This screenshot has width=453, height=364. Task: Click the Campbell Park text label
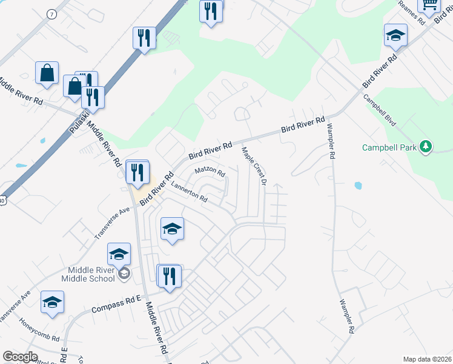click(391, 147)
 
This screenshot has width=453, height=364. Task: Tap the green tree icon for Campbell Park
click(426, 146)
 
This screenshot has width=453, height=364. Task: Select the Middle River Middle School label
click(88, 274)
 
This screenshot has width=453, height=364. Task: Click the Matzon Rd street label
click(210, 172)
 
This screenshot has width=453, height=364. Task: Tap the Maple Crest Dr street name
click(254, 165)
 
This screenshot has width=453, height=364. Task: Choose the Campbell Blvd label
click(380, 110)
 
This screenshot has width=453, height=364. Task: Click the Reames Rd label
click(411, 12)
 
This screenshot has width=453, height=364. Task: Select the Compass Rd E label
click(116, 305)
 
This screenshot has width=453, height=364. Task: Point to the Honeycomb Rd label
click(39, 329)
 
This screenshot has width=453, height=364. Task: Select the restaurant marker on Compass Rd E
click(169, 276)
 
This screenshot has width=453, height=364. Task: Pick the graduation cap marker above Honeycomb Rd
click(53, 302)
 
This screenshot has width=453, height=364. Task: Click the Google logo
click(20, 357)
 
